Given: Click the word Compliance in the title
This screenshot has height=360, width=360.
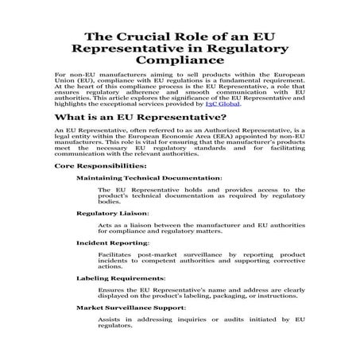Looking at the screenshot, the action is (x=180, y=59).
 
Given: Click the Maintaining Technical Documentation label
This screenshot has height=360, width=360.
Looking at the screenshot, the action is (x=149, y=178).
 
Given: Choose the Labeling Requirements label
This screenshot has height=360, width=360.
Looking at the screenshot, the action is (x=121, y=278).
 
